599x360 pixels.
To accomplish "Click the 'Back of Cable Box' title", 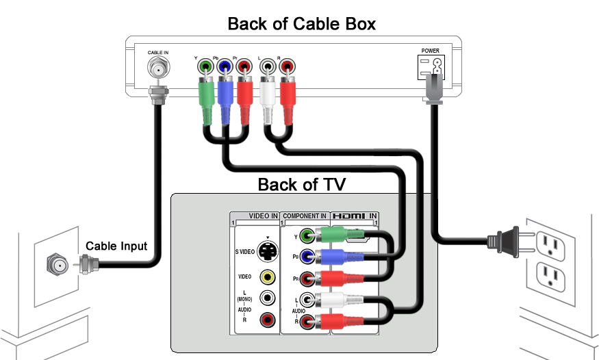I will click(x=301, y=24).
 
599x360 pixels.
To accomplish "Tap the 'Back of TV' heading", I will click(x=301, y=185).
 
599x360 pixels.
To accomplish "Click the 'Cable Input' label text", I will click(x=116, y=246).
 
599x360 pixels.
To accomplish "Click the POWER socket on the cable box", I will click(x=431, y=67).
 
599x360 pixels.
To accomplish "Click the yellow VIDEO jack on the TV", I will click(x=268, y=277).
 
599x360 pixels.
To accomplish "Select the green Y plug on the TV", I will click(x=332, y=237).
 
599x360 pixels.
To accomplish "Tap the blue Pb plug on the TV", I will click(x=332, y=257).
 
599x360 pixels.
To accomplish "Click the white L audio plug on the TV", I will click(x=332, y=300).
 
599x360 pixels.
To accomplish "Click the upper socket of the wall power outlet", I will click(x=548, y=242).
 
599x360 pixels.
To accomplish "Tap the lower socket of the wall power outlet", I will click(x=548, y=275).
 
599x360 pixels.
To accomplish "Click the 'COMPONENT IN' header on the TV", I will click(x=305, y=216).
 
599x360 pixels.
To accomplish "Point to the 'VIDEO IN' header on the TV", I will click(x=263, y=216).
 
